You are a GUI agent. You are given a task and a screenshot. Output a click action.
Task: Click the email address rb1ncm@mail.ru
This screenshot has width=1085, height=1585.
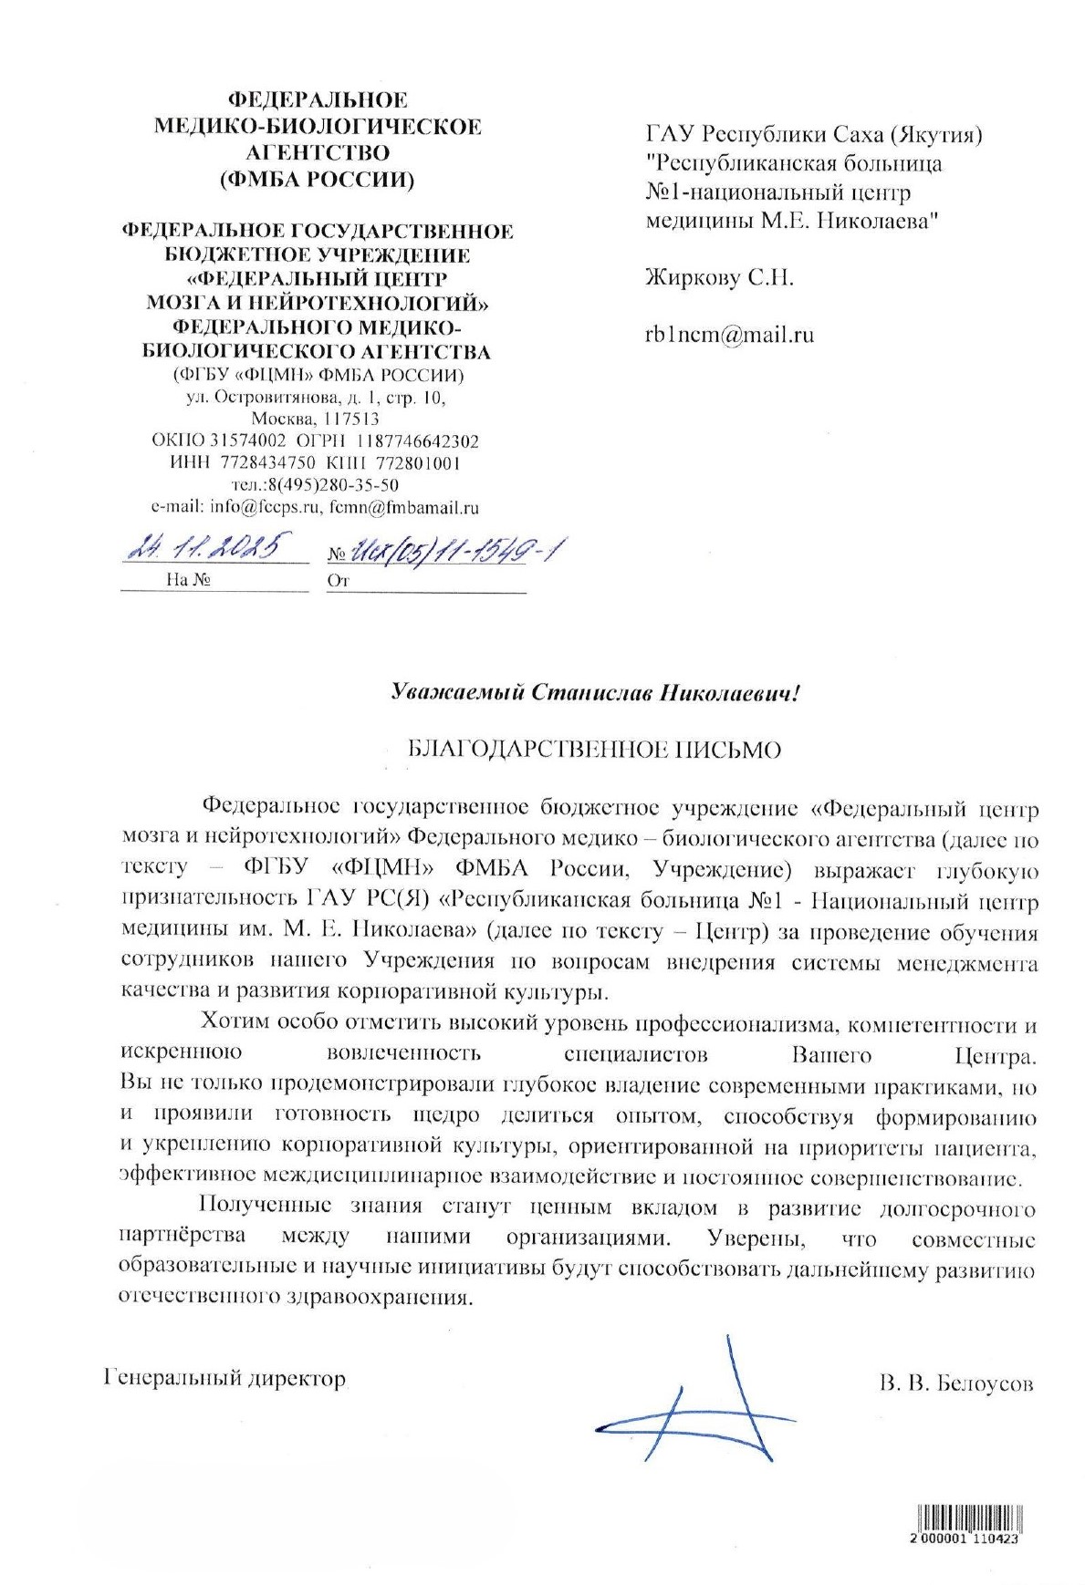tap(729, 335)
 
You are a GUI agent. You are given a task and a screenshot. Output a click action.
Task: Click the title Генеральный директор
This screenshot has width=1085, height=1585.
tap(226, 1378)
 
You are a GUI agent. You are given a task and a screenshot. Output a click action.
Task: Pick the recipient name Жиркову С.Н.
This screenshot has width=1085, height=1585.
tap(719, 277)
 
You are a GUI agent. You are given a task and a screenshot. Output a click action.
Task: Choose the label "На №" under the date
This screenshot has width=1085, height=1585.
tap(189, 580)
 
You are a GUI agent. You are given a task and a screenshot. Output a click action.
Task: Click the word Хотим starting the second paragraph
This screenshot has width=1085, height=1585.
tap(235, 1022)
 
